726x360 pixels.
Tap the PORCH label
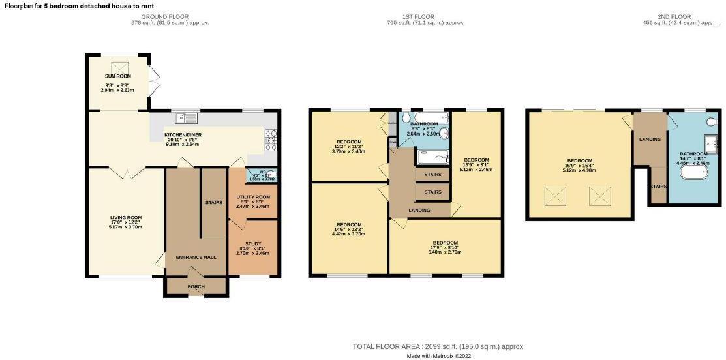pyautogui.click(x=196, y=286)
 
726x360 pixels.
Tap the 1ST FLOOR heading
pyautogui.click(x=425, y=16)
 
